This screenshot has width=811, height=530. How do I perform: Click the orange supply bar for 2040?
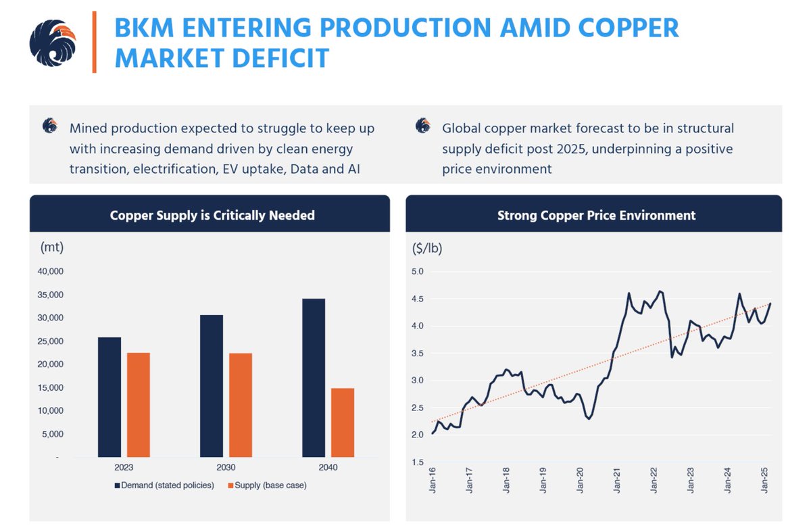tap(343, 423)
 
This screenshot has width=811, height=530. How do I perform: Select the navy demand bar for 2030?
tap(211, 385)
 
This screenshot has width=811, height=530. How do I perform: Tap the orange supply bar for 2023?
tap(139, 404)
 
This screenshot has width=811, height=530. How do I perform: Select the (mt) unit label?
tap(52, 248)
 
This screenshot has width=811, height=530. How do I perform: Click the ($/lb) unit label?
tap(427, 248)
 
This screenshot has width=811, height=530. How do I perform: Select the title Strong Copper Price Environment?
tap(596, 216)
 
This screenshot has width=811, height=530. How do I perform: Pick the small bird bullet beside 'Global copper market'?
tap(423, 126)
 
